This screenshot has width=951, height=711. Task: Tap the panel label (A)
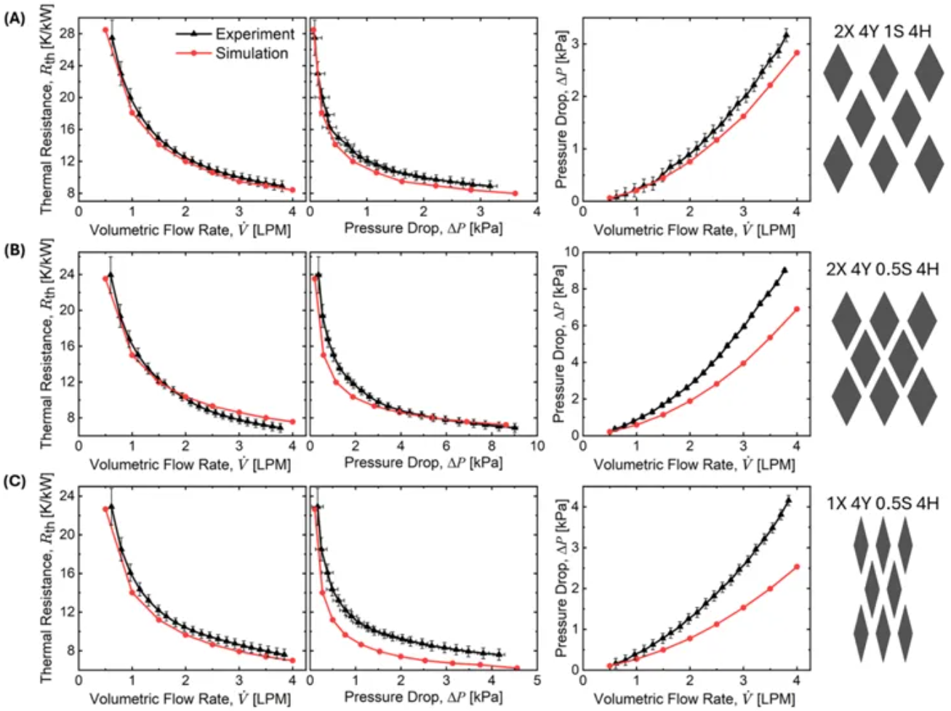click(14, 20)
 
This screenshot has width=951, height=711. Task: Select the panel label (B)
click(14, 251)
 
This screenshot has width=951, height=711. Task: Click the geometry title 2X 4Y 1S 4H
click(883, 32)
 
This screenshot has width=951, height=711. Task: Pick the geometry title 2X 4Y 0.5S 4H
click(883, 269)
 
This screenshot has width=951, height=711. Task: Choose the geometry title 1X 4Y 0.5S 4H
click(883, 503)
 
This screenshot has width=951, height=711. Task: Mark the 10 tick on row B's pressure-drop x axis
click(536, 446)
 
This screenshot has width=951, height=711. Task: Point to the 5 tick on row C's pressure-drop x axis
click(536, 680)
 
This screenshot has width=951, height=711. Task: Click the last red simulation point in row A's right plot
click(797, 52)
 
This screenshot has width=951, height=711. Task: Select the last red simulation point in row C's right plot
click(797, 566)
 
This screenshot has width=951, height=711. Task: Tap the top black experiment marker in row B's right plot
click(785, 270)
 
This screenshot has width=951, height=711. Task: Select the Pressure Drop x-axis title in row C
click(422, 697)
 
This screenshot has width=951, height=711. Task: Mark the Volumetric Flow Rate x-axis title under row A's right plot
click(694, 230)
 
